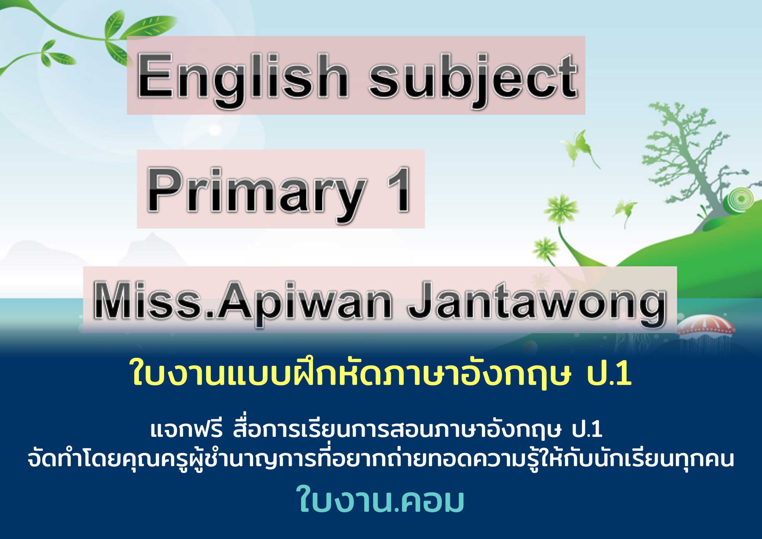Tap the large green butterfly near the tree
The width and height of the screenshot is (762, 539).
583,146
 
